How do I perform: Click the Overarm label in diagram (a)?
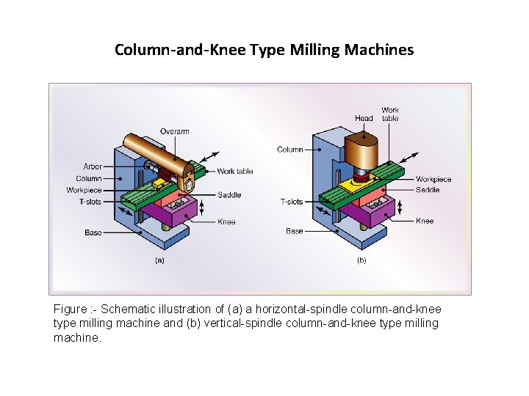coord(175,132)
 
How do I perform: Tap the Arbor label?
coord(93,167)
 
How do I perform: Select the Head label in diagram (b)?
coord(364,118)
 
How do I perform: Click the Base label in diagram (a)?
coord(93,232)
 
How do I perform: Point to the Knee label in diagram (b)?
coord(425,221)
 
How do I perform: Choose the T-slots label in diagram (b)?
coord(292,202)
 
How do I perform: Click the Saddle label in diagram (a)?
coord(228,195)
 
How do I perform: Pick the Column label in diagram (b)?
coord(290,150)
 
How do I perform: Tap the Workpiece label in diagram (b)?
coord(433,180)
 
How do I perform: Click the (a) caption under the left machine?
coord(159,260)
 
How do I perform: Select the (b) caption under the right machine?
coord(361,260)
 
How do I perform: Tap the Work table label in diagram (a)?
coord(235,172)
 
